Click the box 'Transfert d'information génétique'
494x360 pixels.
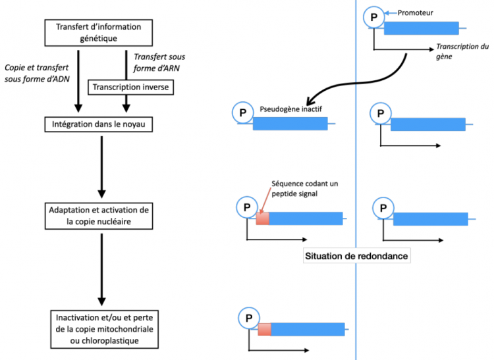(x=99, y=33)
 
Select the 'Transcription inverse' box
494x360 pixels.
(x=131, y=87)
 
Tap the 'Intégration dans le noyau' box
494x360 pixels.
(x=99, y=124)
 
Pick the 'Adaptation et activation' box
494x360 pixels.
(x=99, y=216)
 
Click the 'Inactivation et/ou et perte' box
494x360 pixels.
(x=105, y=329)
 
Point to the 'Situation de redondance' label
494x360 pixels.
(x=356, y=256)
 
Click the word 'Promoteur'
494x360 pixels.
(x=415, y=13)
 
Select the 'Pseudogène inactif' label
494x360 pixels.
(x=290, y=109)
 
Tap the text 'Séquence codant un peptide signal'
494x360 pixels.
(x=305, y=188)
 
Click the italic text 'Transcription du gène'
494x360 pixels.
(x=462, y=51)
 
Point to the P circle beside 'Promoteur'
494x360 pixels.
(x=374, y=17)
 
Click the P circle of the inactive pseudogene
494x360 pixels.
(x=242, y=113)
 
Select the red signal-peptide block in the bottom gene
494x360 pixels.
(x=264, y=329)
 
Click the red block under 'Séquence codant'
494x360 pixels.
(x=262, y=219)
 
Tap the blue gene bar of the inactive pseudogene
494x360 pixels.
(x=290, y=124)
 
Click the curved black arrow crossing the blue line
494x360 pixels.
(x=356, y=83)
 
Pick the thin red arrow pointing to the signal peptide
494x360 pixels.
(x=265, y=201)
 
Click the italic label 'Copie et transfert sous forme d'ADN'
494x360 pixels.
(x=37, y=73)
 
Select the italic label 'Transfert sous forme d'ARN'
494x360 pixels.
(x=159, y=63)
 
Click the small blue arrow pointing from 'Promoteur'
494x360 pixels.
(x=391, y=13)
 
